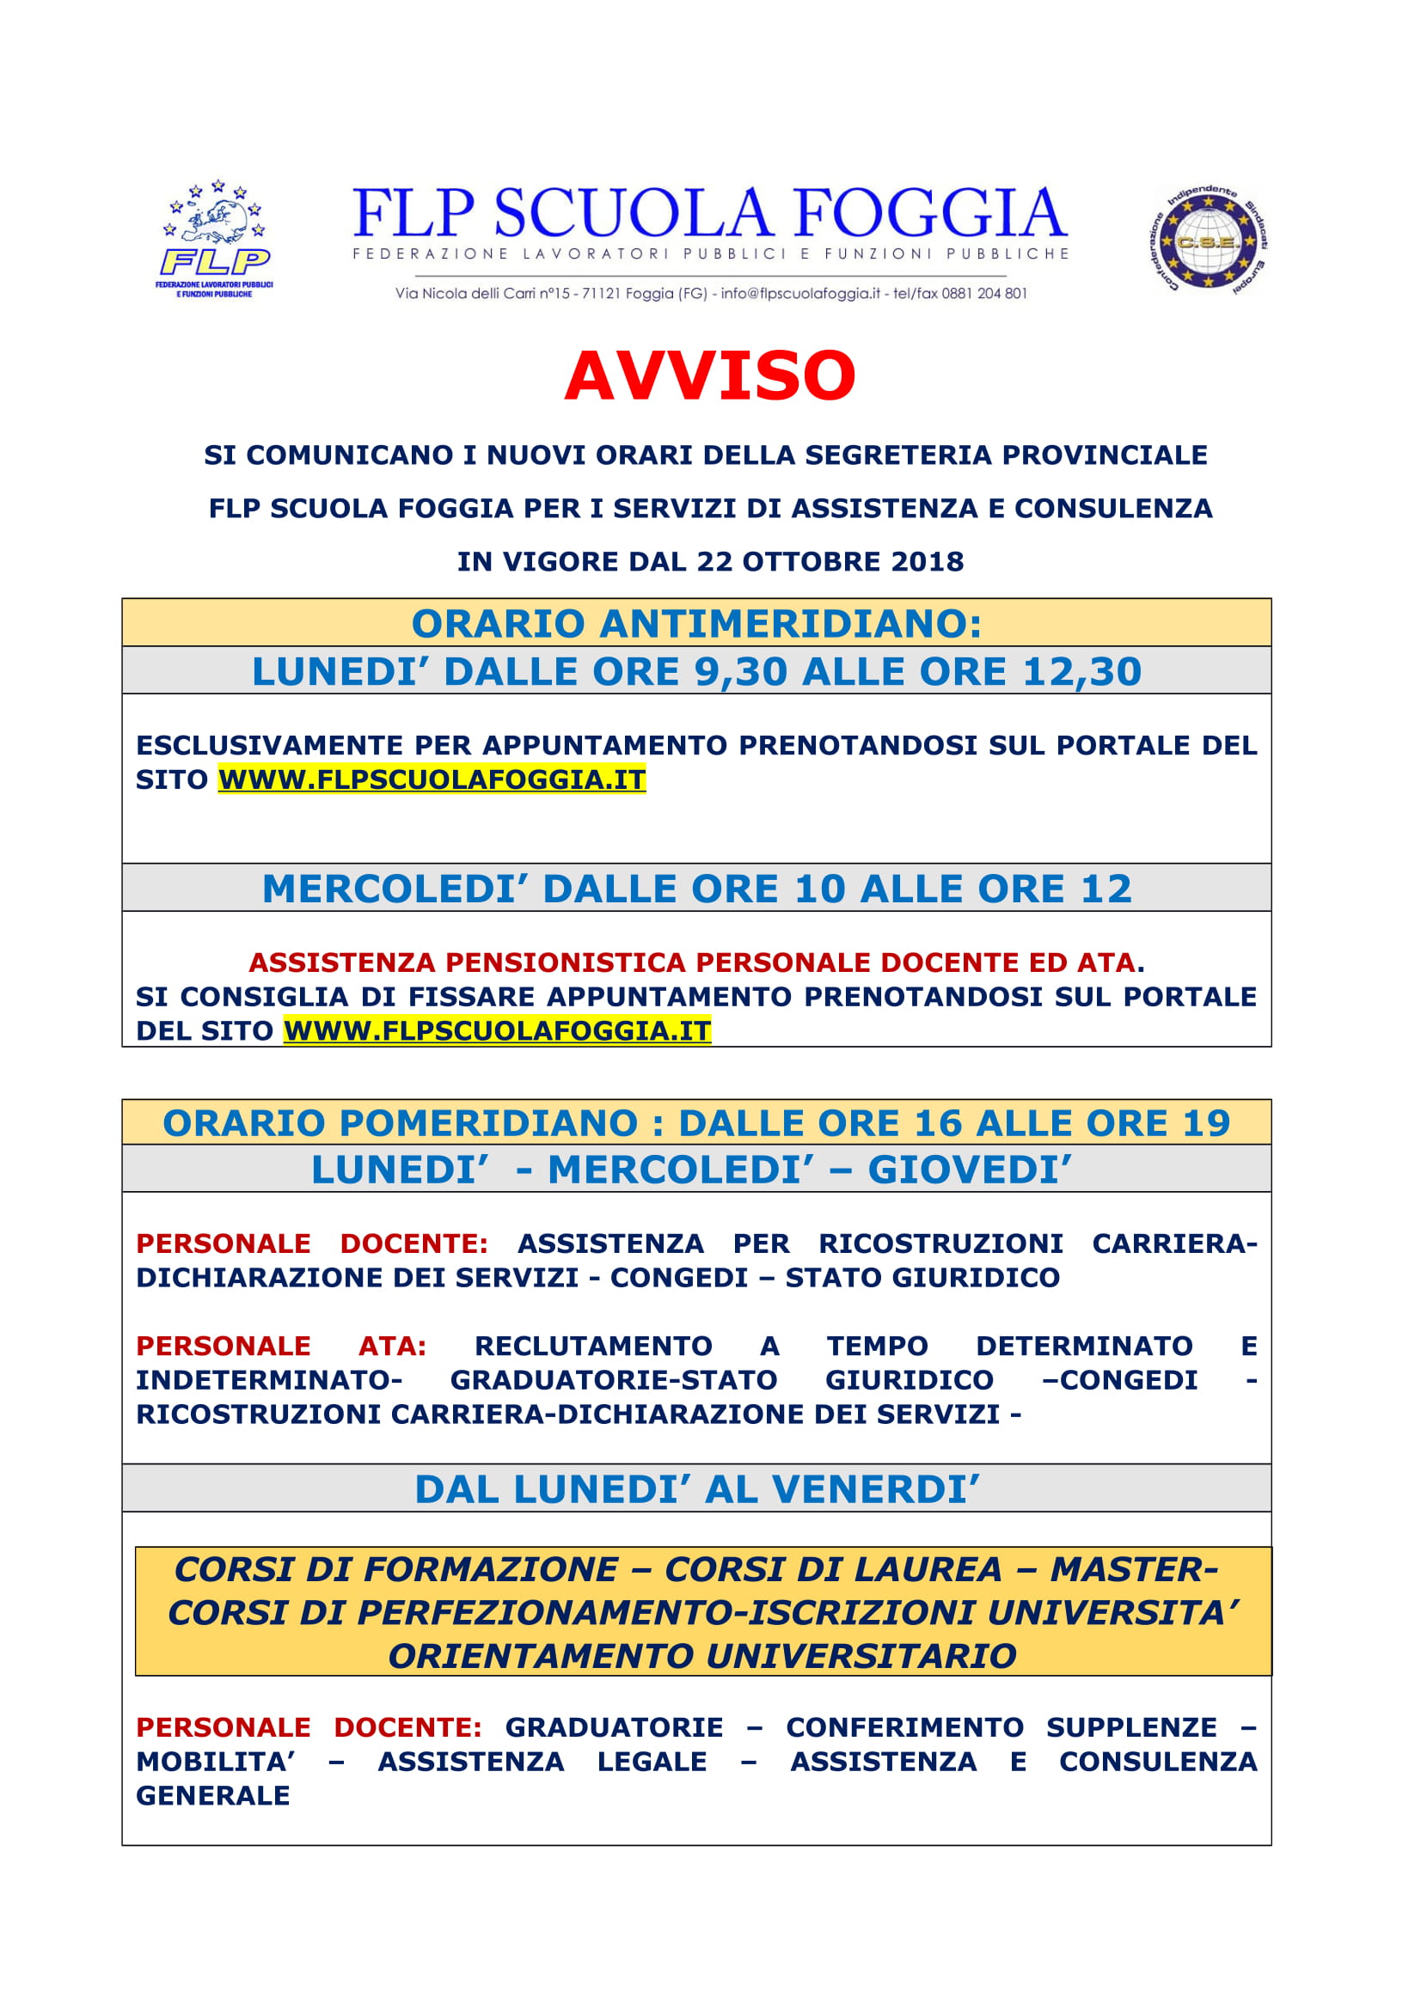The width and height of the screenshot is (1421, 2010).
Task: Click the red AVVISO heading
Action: coord(710,376)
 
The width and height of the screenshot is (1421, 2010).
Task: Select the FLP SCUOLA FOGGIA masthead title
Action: coord(710,214)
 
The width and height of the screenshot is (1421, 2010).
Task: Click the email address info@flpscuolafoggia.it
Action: coord(800,293)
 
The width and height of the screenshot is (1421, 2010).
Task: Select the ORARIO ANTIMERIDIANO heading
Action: coord(697,624)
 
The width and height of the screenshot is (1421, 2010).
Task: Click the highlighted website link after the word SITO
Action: coord(432,779)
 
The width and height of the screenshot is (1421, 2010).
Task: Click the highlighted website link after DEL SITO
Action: coord(497,1030)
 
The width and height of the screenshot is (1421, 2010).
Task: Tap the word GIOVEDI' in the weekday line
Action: coord(969,1170)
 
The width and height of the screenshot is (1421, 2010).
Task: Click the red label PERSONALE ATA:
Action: coord(281,1346)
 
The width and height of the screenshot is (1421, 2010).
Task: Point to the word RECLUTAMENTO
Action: coord(593,1346)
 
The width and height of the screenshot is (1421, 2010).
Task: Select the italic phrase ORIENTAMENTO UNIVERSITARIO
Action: coord(702,1656)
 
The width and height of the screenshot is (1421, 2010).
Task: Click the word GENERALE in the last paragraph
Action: coord(212,1795)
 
